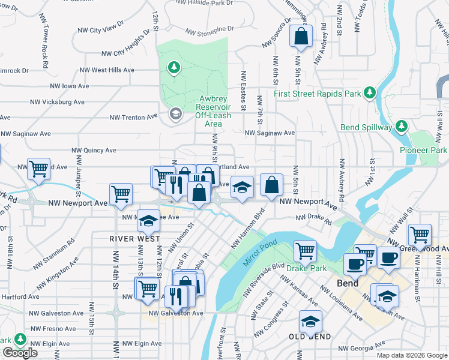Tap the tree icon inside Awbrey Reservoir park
click(x=174, y=67)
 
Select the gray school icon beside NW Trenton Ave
click(x=175, y=114)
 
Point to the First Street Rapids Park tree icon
click(x=371, y=93)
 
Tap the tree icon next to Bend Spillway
click(x=402, y=127)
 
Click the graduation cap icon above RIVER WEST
click(x=148, y=222)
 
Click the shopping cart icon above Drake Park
click(x=306, y=251)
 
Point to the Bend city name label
click(x=348, y=283)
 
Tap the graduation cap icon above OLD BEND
click(x=310, y=322)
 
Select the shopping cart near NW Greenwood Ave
click(x=419, y=234)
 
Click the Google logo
click(x=20, y=353)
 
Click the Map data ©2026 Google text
click(x=411, y=355)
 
